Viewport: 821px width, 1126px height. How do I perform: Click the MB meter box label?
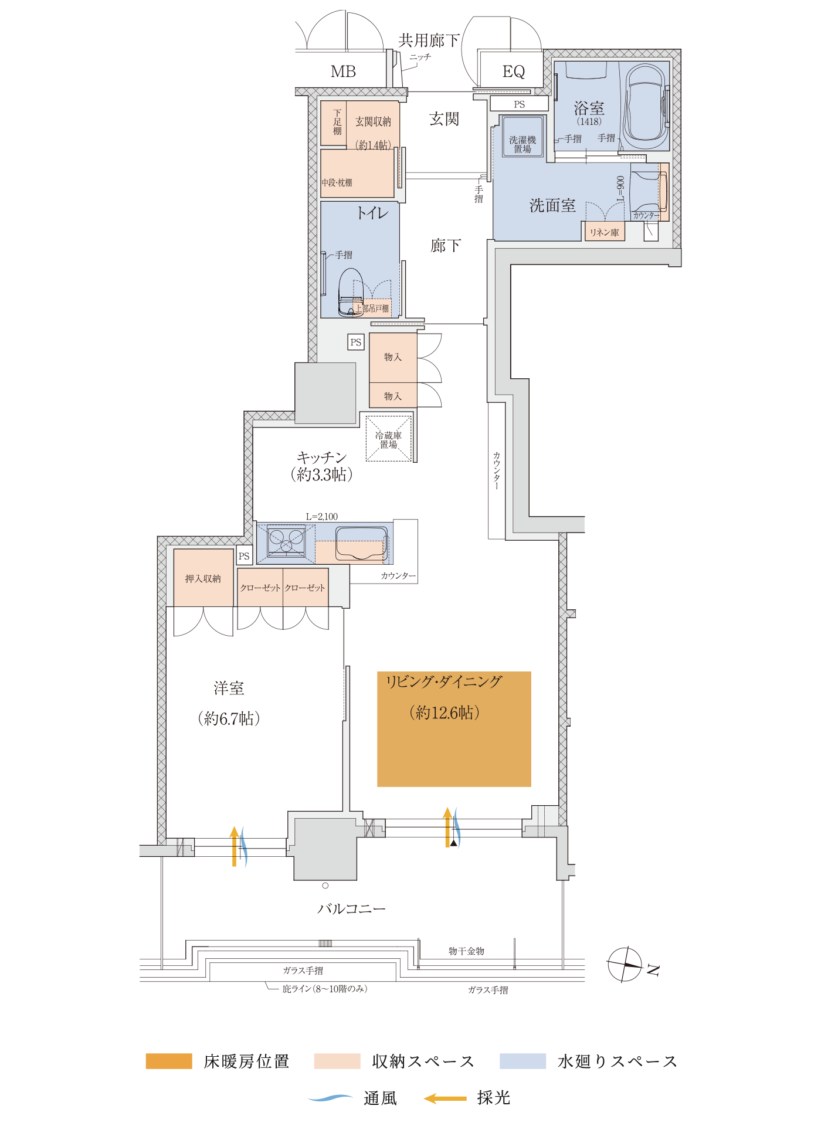click(x=343, y=72)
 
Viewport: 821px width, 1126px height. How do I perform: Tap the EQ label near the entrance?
click(x=514, y=72)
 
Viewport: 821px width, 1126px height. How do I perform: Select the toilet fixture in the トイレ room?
click(x=351, y=292)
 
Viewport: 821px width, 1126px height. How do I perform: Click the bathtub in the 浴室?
click(x=646, y=106)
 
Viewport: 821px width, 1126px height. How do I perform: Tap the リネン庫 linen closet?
click(x=604, y=232)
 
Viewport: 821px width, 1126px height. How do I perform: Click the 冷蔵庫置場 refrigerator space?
click(x=389, y=438)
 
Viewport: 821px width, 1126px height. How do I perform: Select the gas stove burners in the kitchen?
click(x=286, y=541)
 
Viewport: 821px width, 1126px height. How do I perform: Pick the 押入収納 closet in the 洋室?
click(x=203, y=578)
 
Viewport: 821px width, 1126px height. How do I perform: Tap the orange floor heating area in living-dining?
click(x=454, y=729)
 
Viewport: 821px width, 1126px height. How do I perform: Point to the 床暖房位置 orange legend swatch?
click(x=169, y=1061)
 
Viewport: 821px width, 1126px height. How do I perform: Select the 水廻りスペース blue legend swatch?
click(x=523, y=1061)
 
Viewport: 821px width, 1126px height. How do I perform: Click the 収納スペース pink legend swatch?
click(x=337, y=1061)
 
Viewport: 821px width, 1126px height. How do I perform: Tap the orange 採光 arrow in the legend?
click(x=445, y=1098)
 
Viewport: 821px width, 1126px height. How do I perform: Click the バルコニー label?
click(x=351, y=908)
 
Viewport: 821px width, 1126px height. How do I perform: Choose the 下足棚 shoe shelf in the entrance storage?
click(x=334, y=123)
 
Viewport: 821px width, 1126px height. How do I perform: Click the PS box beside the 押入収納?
click(x=244, y=556)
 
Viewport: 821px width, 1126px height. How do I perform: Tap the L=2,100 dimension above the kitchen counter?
click(x=322, y=517)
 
